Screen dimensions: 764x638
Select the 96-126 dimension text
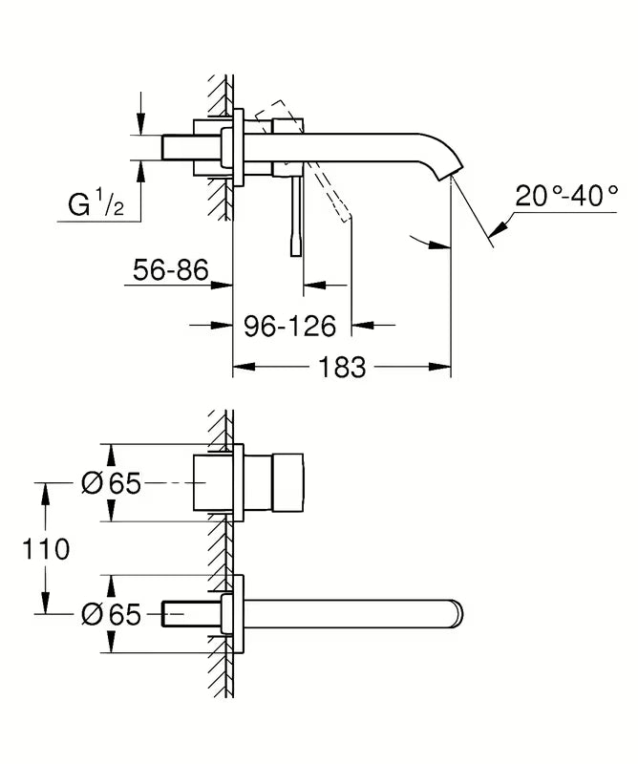(289, 327)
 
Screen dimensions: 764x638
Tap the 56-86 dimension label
(169, 270)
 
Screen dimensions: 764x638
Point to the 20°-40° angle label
(566, 197)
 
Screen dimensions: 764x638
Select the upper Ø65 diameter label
(111, 484)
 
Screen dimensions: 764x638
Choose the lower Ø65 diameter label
(111, 614)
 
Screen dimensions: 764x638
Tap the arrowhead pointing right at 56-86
(226, 285)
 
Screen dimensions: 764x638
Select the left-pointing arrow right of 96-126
(359, 327)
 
